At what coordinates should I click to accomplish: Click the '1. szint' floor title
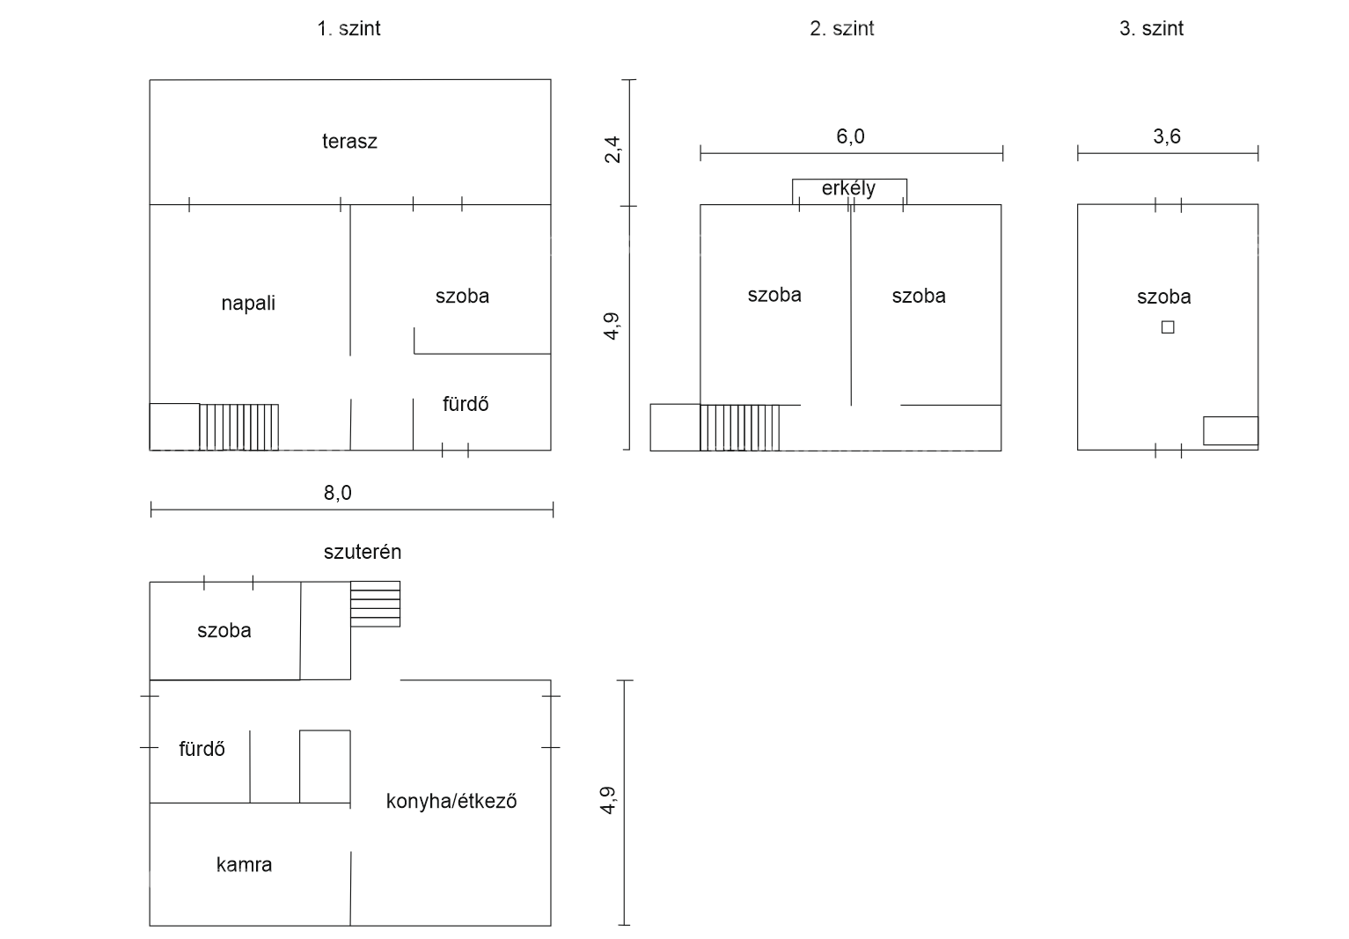348,28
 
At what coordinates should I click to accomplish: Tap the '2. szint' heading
841,28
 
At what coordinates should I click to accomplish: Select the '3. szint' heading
1151,28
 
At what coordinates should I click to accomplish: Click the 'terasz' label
349,142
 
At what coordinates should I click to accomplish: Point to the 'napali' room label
248,303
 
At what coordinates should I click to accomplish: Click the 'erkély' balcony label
848,188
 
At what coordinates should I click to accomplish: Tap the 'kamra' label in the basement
244,865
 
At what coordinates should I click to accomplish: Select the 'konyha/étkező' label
451,801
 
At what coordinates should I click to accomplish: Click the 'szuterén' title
362,552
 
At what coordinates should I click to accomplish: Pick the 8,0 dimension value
337,494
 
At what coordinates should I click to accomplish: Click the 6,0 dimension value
850,136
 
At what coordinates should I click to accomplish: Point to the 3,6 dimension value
1167,136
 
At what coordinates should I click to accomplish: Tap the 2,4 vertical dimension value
612,150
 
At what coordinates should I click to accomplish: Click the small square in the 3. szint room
1168,327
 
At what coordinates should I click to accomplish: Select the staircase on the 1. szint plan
238,427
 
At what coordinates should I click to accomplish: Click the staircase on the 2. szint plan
739,428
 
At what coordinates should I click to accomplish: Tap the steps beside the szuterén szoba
375,604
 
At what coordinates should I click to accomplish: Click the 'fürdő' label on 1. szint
466,404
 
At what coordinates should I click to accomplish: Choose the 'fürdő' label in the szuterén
202,749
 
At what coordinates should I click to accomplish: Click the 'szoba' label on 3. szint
1163,297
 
